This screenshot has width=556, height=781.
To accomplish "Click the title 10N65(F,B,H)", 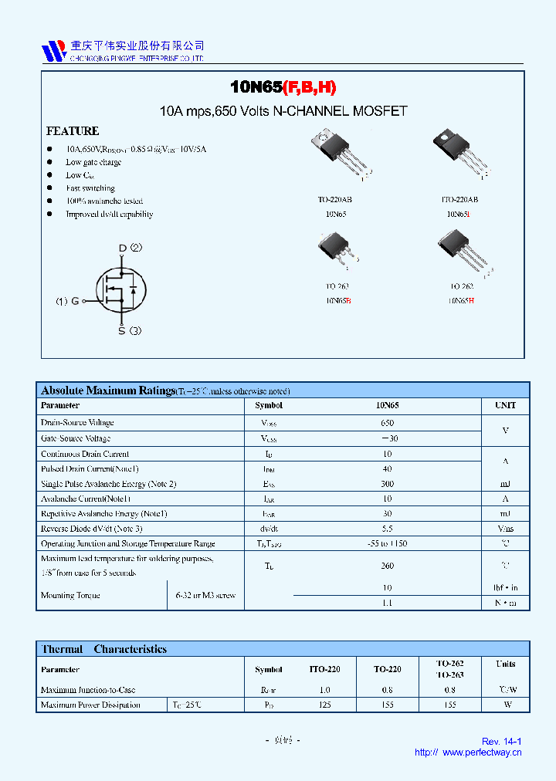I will tap(283, 88).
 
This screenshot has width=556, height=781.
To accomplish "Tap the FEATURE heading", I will tap(73, 131).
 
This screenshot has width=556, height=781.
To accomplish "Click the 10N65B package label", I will tap(337, 300).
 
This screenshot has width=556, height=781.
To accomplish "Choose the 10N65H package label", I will tap(460, 300).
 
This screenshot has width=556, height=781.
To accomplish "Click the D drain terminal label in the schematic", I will tap(121, 248).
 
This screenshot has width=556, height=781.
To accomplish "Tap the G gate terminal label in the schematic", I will tap(75, 301).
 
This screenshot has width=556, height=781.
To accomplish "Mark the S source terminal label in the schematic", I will tap(121, 331).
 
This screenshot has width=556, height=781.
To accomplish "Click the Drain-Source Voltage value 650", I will tap(387, 423).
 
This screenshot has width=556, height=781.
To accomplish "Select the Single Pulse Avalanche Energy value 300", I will tap(387, 484).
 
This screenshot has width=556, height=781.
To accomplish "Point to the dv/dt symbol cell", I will tap(269, 529).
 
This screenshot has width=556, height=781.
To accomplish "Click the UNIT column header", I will tap(505, 405).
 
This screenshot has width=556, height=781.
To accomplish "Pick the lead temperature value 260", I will tap(387, 566).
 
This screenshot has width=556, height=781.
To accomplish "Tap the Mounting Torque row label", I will tap(70, 595).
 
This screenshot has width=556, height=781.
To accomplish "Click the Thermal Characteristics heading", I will tap(103, 649).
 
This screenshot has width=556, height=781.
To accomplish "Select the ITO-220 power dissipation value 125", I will tap(324, 705).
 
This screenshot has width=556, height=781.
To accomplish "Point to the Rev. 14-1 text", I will tap(501, 741).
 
